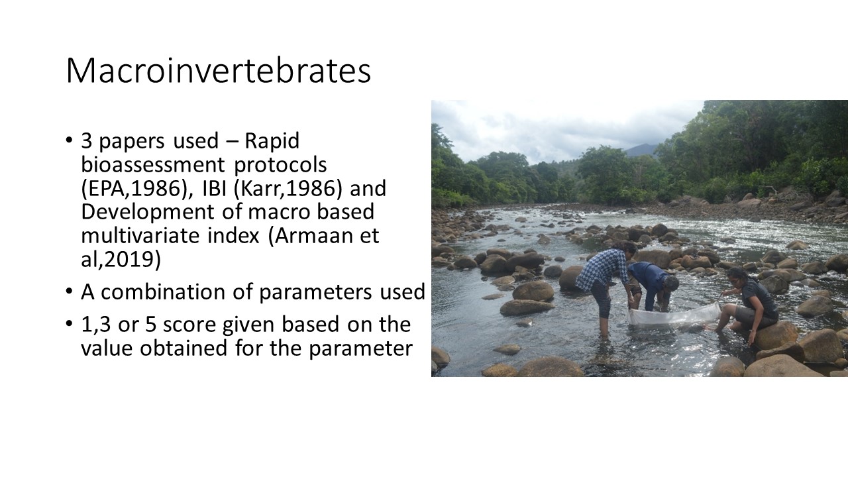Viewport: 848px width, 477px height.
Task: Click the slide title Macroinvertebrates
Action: pyautogui.click(x=219, y=71)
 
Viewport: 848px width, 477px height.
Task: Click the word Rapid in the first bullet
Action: pyautogui.click(x=272, y=141)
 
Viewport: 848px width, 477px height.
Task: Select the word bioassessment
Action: pyautogui.click(x=153, y=165)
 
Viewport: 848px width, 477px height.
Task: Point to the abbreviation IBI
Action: pyautogui.click(x=214, y=188)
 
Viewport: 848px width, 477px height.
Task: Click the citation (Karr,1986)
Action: pyautogui.click(x=288, y=189)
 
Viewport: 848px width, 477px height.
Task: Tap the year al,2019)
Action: pyautogui.click(x=121, y=260)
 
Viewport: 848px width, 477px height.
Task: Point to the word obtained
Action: pyautogui.click(x=184, y=348)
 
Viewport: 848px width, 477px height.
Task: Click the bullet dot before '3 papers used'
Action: pyautogui.click(x=69, y=140)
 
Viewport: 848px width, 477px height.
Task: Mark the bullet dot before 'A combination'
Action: pyautogui.click(x=69, y=291)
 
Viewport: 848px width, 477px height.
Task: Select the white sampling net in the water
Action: pyautogui.click(x=674, y=315)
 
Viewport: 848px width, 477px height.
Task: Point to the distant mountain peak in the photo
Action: pyautogui.click(x=643, y=149)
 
